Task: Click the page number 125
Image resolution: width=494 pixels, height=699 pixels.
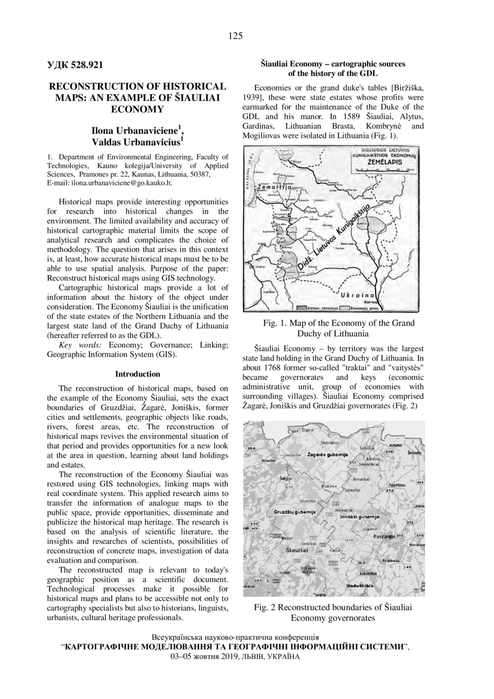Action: [x=236, y=36]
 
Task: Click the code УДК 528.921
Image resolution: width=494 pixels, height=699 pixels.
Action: [x=75, y=65]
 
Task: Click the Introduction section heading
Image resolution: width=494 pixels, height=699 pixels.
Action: [x=138, y=374]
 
